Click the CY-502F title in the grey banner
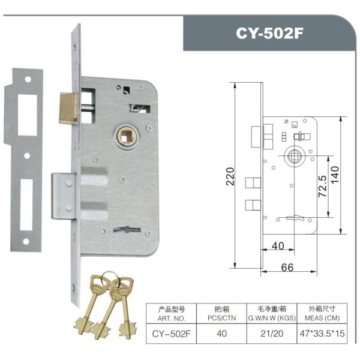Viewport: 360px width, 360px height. (270, 33)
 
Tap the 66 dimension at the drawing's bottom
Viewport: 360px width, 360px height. (288, 267)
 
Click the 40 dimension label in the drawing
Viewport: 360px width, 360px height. (277, 246)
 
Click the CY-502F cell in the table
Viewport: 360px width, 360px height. (172, 334)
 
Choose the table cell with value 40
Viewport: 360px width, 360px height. (221, 334)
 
